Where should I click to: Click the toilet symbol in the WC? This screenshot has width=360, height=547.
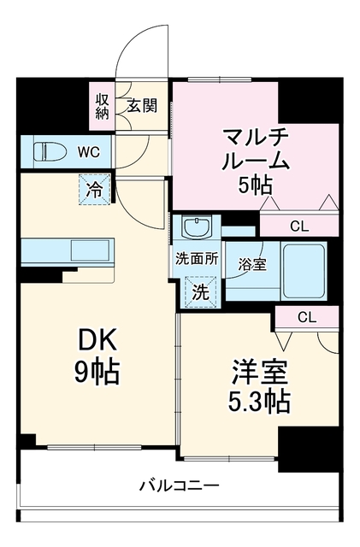pos(50,152)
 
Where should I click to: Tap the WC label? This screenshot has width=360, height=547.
pos(89,152)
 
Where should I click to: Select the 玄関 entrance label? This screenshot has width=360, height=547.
pos(142,105)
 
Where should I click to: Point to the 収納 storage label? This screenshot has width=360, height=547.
pos(103,106)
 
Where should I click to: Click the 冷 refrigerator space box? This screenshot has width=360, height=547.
pos(94,190)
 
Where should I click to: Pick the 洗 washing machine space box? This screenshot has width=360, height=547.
pos(201,292)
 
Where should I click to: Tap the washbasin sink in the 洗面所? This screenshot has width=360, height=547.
pos(198,227)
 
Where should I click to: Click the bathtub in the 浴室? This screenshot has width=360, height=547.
pos(304,271)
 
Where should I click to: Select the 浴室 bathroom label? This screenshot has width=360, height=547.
pos(252,265)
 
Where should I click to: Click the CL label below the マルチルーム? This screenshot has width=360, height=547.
pos(299,226)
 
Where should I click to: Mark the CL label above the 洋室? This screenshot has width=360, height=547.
pos(307,317)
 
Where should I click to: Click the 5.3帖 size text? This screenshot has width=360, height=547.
pos(259,402)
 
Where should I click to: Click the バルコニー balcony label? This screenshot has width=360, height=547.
pos(180,485)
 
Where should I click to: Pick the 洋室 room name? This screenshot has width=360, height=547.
pos(260,373)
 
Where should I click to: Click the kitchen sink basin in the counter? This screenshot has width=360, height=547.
pos(91,250)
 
